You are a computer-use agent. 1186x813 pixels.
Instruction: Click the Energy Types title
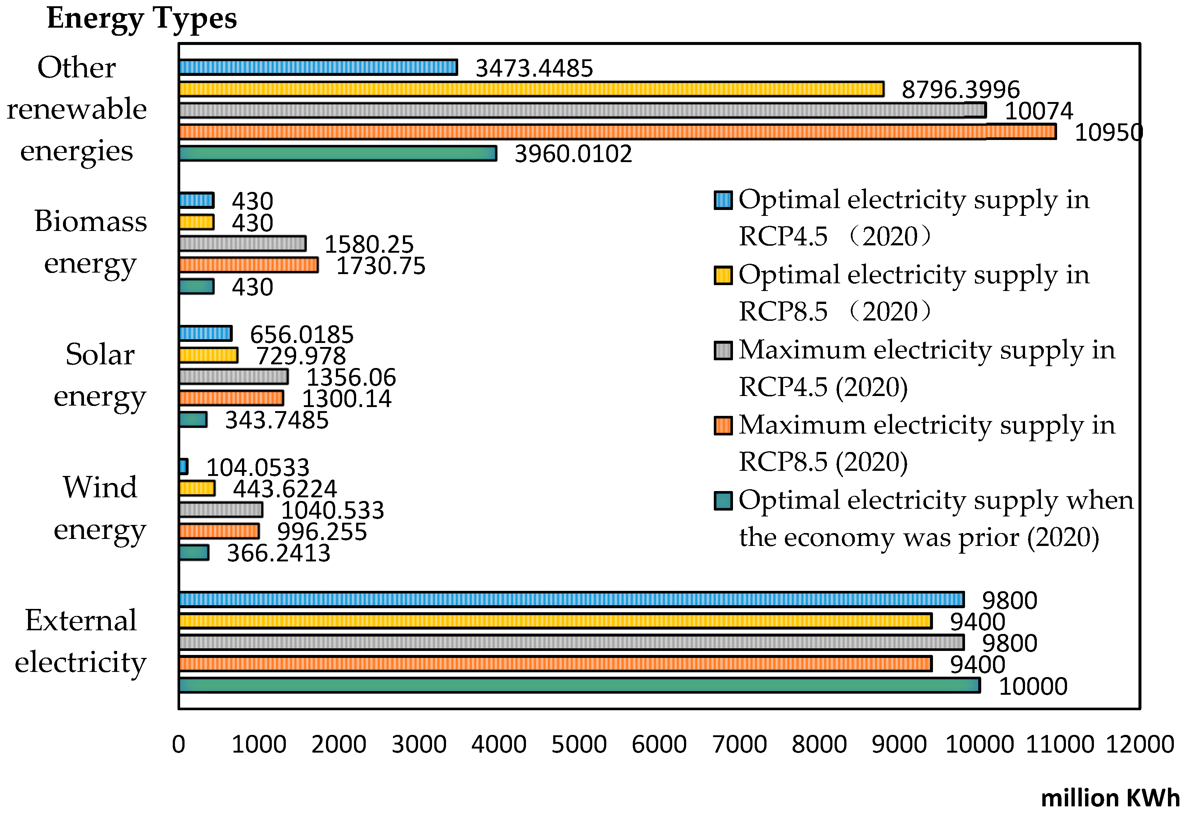click(x=141, y=19)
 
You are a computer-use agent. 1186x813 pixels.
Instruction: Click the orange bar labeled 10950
click(x=618, y=132)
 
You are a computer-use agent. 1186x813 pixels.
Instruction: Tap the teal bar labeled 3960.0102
click(x=337, y=154)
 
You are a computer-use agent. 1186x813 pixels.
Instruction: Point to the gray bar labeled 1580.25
click(x=242, y=244)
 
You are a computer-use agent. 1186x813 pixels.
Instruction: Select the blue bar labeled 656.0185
click(x=206, y=334)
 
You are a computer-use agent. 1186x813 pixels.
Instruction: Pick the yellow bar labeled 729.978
click(x=208, y=355)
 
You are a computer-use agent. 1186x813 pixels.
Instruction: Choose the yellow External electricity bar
click(x=555, y=621)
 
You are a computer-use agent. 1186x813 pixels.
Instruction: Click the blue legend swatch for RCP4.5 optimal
click(x=723, y=200)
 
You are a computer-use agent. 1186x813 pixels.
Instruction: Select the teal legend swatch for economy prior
click(x=723, y=501)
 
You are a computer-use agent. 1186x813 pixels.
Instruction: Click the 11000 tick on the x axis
click(x=1059, y=744)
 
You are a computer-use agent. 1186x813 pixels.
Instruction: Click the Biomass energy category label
click(x=90, y=242)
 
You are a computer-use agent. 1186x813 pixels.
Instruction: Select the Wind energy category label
click(x=100, y=508)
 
